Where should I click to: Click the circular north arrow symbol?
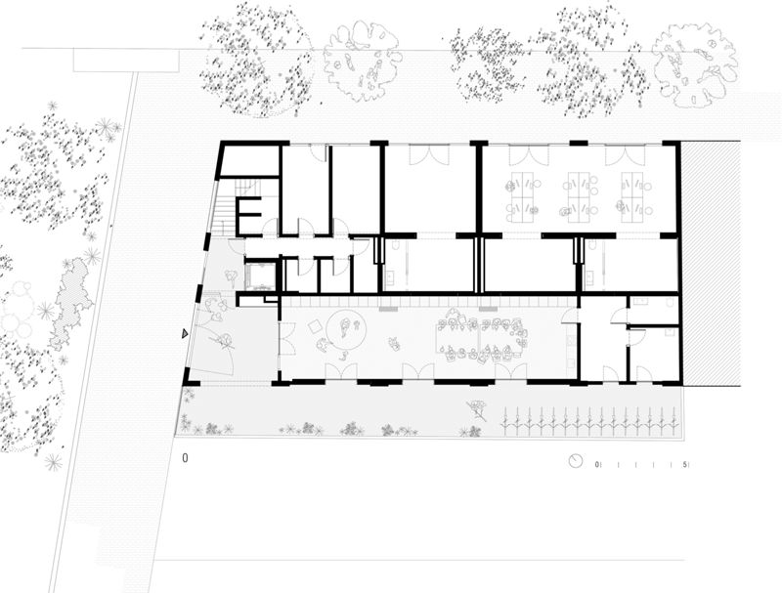[x=577, y=461]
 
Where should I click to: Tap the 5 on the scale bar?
[x=687, y=463]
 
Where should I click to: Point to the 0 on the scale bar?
[x=598, y=463]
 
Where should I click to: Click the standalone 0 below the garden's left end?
[x=185, y=456]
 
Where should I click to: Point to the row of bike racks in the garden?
[x=590, y=423]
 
